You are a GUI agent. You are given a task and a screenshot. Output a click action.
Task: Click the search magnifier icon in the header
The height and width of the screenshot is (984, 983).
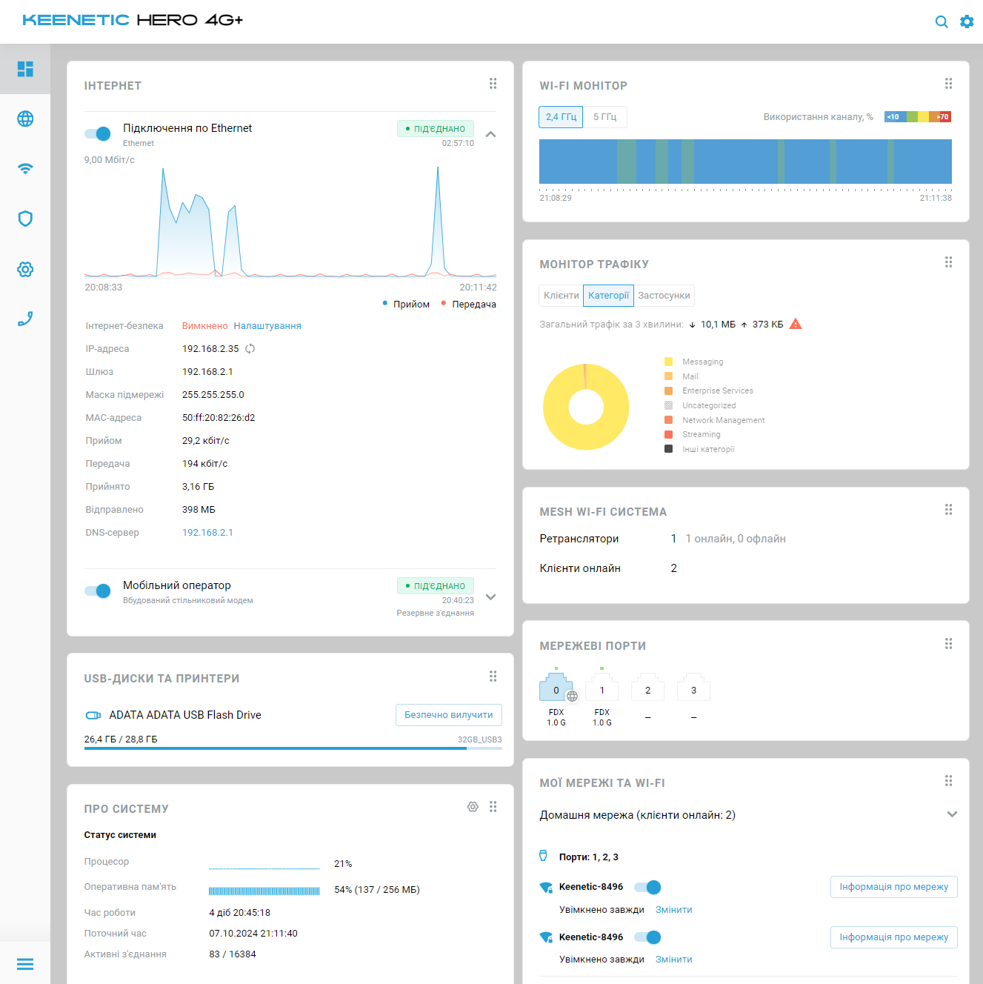click(x=942, y=22)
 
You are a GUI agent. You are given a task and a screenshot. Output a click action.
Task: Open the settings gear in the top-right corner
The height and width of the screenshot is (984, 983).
click(x=967, y=22)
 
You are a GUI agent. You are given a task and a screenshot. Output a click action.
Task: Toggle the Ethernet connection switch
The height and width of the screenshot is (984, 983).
click(x=97, y=133)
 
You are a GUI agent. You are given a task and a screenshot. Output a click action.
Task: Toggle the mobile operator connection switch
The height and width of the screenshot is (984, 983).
click(x=97, y=591)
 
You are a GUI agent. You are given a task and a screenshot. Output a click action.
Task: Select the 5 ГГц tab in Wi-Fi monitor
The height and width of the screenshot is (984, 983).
click(x=604, y=117)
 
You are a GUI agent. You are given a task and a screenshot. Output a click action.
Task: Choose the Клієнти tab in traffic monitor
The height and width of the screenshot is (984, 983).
click(x=561, y=296)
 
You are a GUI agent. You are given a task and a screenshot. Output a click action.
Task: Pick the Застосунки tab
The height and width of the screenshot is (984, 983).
click(x=664, y=296)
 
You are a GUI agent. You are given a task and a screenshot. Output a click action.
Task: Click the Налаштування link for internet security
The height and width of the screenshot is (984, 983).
click(x=267, y=326)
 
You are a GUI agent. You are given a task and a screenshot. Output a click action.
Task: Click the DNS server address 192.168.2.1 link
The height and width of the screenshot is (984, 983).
click(x=207, y=533)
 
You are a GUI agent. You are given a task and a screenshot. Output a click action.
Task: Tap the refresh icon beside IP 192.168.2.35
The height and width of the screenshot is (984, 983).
click(x=250, y=349)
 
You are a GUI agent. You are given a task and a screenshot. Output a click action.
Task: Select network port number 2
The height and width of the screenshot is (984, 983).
click(x=647, y=690)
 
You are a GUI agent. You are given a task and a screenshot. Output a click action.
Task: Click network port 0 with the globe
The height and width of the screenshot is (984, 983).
click(x=556, y=690)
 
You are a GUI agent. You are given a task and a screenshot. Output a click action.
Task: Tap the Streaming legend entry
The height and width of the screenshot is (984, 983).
click(x=701, y=435)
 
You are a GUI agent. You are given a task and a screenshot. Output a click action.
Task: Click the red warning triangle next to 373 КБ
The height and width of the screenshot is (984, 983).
click(x=796, y=324)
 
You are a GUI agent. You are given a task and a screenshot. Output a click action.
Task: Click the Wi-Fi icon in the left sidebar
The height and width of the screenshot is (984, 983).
click(x=25, y=168)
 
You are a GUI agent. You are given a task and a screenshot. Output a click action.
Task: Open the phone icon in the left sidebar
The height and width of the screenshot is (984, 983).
click(x=25, y=319)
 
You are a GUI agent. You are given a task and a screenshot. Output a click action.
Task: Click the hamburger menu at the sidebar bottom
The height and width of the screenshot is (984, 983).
click(x=25, y=964)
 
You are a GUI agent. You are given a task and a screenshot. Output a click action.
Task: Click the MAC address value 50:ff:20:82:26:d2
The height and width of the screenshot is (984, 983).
click(x=219, y=418)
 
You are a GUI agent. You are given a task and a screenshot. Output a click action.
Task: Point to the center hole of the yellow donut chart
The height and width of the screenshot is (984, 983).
click(x=586, y=407)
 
